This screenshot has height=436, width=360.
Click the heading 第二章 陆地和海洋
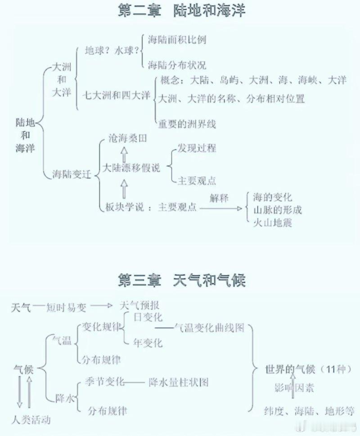[181, 11]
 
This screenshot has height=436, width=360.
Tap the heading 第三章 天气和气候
[181, 280]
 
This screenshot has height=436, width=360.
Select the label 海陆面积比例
[177, 40]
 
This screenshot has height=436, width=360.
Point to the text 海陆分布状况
[177, 65]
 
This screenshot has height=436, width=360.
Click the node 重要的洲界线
[187, 124]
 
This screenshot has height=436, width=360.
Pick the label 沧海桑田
[127, 138]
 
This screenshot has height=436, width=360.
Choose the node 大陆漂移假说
[131, 168]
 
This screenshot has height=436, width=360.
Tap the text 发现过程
[197, 148]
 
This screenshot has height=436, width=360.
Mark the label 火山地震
[272, 223]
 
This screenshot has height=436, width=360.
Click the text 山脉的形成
[277, 210]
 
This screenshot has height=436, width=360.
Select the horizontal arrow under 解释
[221, 208]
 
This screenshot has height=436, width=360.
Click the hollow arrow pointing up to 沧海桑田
[124, 155]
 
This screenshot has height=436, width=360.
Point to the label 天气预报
[139, 306]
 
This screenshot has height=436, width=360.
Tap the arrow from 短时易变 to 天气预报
[101, 306]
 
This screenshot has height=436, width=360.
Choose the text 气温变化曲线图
[209, 328]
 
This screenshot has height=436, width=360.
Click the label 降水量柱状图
[179, 382]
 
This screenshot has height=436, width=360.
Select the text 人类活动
[31, 420]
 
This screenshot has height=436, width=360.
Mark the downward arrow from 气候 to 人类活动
[19, 392]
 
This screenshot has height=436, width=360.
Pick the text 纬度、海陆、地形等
[309, 411]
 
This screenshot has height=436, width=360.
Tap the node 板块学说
[125, 207]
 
